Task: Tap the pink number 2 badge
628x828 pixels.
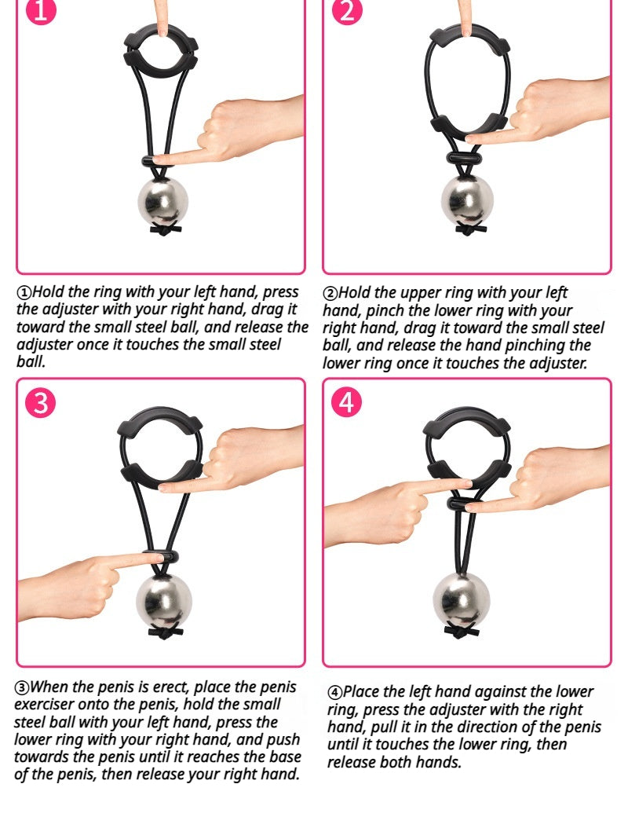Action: pos(347,11)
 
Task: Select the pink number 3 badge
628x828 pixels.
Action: pos(41,402)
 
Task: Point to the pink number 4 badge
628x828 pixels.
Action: pos(347,402)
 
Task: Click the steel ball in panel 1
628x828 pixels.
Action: pos(162,202)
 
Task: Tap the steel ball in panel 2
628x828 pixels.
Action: pos(468,199)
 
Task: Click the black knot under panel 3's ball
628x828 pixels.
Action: pos(163,632)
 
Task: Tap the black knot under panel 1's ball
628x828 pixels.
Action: pos(163,229)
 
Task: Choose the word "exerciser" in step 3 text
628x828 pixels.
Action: pos(47,705)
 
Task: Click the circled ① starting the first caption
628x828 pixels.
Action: pos(24,293)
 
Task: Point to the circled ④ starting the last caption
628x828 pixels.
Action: pos(335,692)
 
